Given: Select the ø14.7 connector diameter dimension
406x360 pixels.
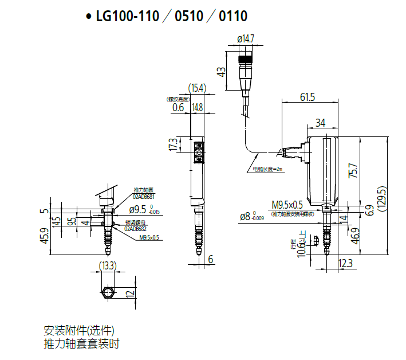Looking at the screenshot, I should (x=245, y=39).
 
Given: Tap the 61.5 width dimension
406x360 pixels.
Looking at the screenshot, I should (x=308, y=97).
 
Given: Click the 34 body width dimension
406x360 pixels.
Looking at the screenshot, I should (x=320, y=123).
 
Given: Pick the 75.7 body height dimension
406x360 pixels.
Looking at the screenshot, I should (x=353, y=171).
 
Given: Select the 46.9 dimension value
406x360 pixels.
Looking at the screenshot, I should (x=354, y=236).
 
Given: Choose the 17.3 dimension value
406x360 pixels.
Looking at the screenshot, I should (x=172, y=145).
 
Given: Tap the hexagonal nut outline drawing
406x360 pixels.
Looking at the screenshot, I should (x=107, y=293).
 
